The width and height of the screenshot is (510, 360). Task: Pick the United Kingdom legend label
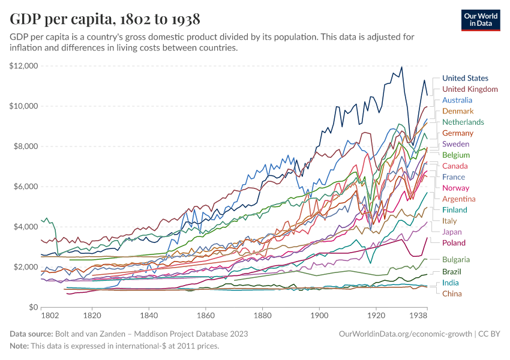pyautogui.click(x=470, y=89)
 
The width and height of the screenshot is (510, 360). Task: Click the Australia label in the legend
pyautogui.click(x=458, y=100)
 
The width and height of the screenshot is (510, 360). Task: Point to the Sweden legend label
pyautogui.click(x=455, y=144)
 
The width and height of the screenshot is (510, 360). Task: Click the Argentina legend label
pyautogui.click(x=458, y=199)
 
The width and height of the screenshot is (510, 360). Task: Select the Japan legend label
pyautogui.click(x=452, y=232)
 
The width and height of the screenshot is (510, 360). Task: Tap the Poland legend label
pyautogui.click(x=454, y=243)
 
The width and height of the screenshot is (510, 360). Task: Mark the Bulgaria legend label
pyautogui.click(x=455, y=260)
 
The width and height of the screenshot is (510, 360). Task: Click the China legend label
pyautogui.click(x=452, y=293)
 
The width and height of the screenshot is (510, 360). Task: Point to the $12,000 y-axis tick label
pyautogui.click(x=24, y=66)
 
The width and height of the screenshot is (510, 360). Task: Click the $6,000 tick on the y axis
pyautogui.click(x=26, y=187)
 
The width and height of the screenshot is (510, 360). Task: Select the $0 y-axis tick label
pyautogui.click(x=34, y=307)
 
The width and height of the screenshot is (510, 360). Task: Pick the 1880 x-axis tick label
pyautogui.click(x=262, y=315)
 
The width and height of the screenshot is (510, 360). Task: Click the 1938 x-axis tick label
pyautogui.click(x=418, y=315)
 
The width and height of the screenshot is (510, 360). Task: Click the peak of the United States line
pyautogui.click(x=401, y=67)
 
